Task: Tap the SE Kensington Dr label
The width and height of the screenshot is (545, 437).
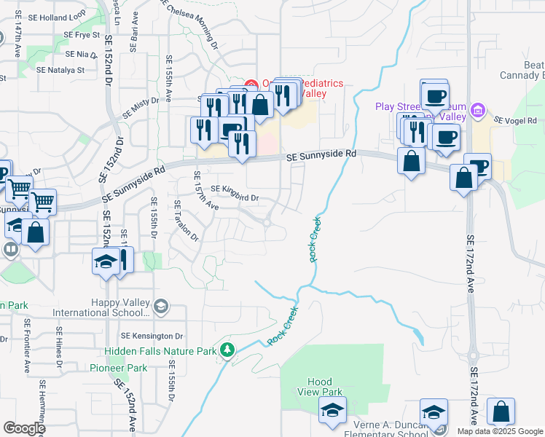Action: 152,336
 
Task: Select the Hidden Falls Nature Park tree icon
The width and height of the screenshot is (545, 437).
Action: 228,351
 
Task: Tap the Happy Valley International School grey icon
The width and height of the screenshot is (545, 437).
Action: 161,307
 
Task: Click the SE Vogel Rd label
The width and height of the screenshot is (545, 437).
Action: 514,120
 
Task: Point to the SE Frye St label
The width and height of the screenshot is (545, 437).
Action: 82,34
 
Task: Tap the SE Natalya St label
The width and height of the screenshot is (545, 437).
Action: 61,70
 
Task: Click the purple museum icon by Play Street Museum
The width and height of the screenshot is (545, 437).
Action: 478,111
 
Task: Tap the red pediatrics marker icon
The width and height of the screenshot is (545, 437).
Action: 251,84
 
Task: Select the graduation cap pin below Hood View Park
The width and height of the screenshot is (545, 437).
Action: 332,409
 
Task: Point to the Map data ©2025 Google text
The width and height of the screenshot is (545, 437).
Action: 499,431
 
